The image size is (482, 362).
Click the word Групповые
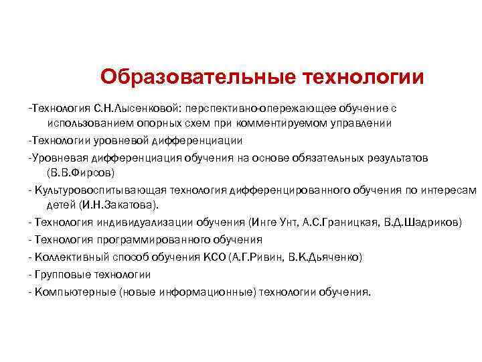63,274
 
